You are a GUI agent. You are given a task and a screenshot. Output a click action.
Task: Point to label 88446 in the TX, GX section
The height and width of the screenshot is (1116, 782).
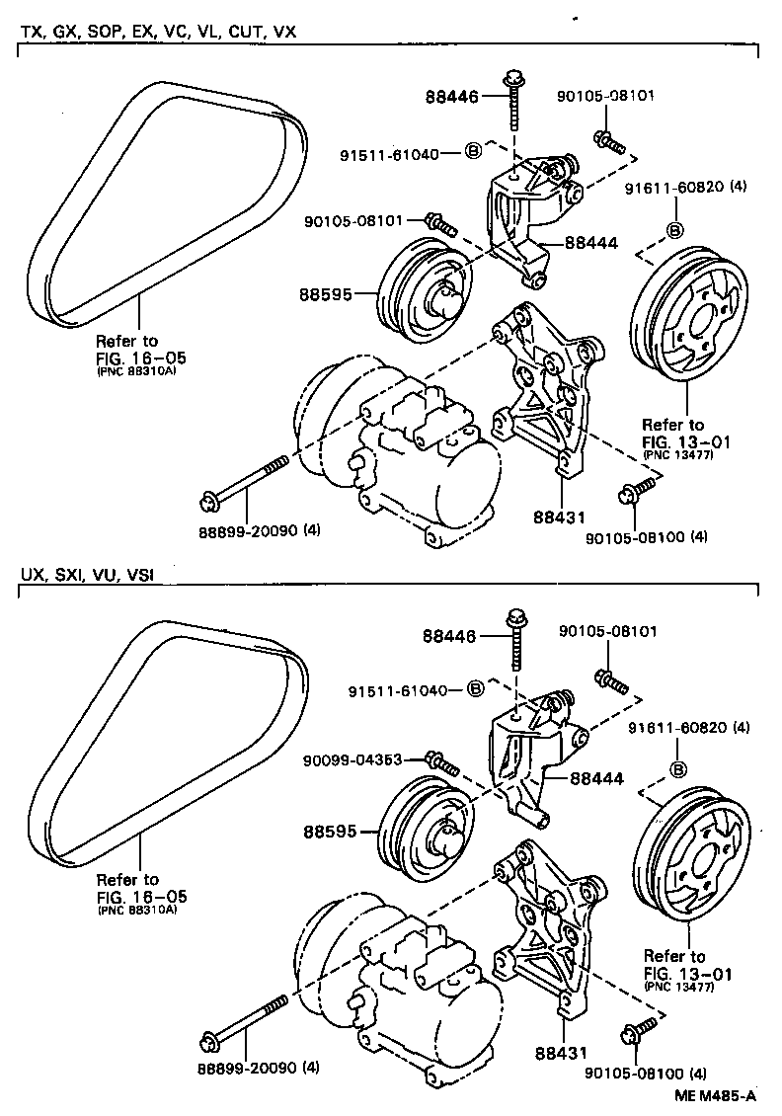tap(451, 97)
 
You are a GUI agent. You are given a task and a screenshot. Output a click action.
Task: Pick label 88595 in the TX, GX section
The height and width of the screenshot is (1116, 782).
tap(327, 293)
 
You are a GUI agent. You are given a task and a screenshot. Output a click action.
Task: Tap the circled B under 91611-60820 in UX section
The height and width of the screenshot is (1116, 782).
tap(678, 770)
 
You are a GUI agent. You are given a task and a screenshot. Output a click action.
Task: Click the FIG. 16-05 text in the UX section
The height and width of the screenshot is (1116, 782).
tap(141, 896)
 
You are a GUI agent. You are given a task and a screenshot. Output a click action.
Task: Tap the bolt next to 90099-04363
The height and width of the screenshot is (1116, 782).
tap(440, 762)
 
